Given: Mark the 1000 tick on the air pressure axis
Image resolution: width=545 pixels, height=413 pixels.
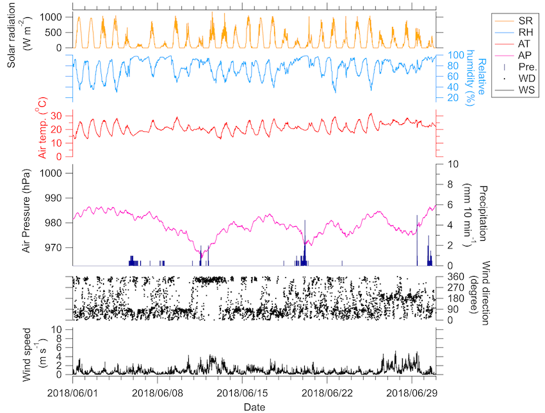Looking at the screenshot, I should click(53, 174).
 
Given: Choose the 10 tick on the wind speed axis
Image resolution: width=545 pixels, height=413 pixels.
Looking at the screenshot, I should click(56, 329).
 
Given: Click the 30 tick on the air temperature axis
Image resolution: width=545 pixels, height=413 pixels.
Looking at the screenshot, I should click(57, 116).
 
